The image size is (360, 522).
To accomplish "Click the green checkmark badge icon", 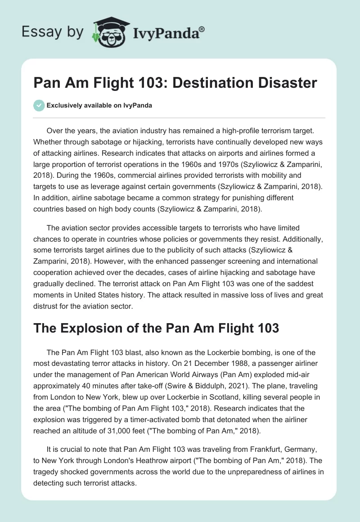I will pos(39,105).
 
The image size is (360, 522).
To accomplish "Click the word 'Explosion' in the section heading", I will pos(92,328).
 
